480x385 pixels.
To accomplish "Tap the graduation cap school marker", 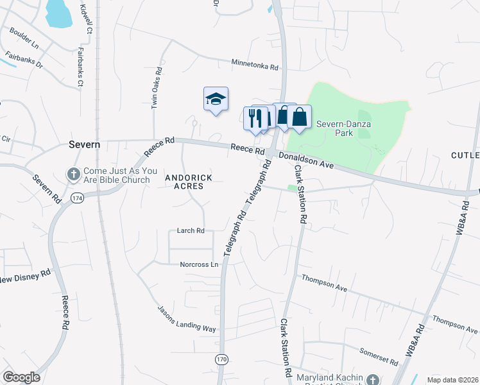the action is pyautogui.click(x=216, y=99).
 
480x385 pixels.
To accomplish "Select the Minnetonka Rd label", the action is pyautogui.click(x=255, y=65).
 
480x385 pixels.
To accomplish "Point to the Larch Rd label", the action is pyautogui.click(x=191, y=230).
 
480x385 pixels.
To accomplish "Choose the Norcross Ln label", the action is pyautogui.click(x=199, y=264).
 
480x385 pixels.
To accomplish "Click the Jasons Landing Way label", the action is pyautogui.click(x=187, y=318).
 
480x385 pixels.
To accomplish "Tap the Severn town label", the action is pyautogui.click(x=84, y=145).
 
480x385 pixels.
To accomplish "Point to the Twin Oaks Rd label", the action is pyautogui.click(x=155, y=89).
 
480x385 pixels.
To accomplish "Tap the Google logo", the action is pyautogui.click(x=21, y=377).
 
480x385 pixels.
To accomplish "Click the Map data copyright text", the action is pyautogui.click(x=452, y=379).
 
